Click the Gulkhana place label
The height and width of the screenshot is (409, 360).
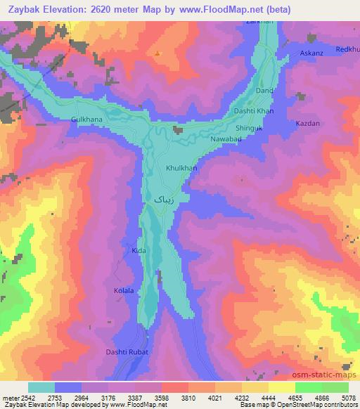[x=86, y=119]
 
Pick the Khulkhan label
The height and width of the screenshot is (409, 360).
[x=181, y=169]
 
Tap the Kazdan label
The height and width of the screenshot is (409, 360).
[x=308, y=124]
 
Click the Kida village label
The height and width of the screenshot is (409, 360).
[x=139, y=250]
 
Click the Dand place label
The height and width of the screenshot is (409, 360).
[x=264, y=91]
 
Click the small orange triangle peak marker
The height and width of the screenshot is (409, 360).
[x=158, y=53]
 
